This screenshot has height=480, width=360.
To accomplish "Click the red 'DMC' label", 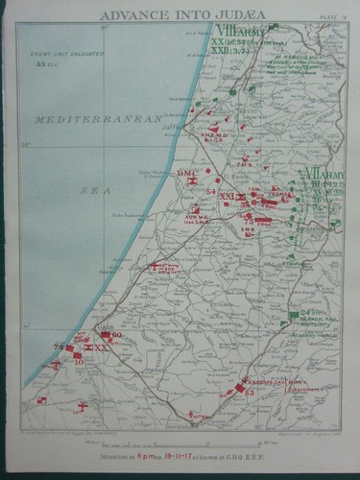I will (186, 172).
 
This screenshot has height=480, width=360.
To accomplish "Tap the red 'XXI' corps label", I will (227, 197).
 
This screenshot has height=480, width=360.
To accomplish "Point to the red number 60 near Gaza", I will (116, 335).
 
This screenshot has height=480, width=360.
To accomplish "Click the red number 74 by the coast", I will (58, 347).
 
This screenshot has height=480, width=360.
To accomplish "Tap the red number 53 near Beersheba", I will (249, 392).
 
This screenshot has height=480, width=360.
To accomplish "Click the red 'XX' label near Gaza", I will (100, 348).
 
